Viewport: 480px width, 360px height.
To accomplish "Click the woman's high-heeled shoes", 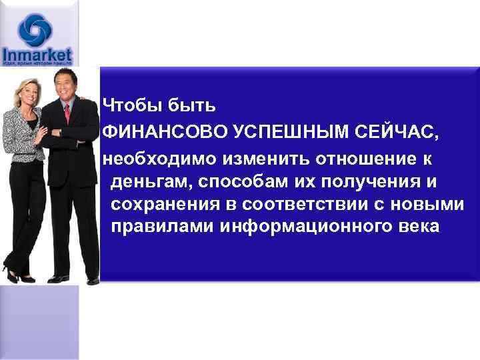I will click(18, 274).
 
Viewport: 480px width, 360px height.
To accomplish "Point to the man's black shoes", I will click(63, 278).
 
